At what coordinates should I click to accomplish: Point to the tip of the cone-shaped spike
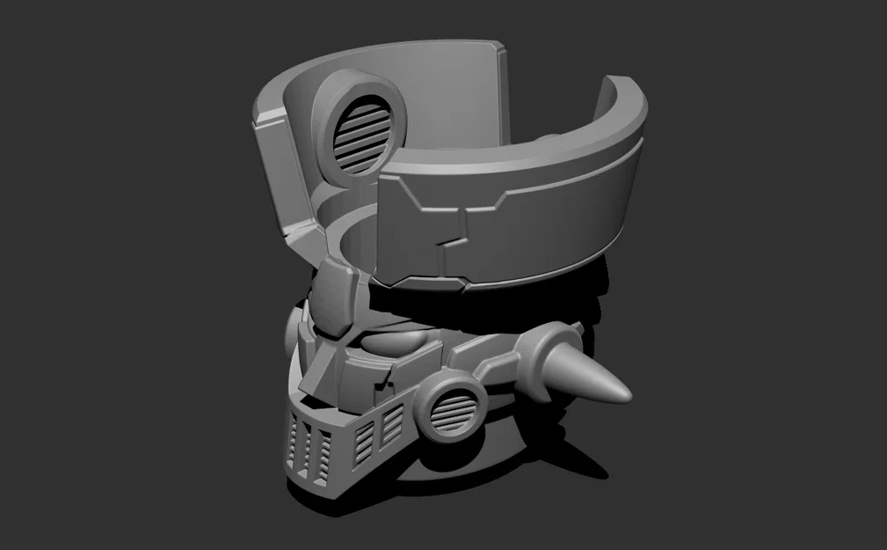[628, 391]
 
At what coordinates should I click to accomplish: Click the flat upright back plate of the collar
[457, 88]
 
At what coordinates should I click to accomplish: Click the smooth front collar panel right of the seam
[545, 211]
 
